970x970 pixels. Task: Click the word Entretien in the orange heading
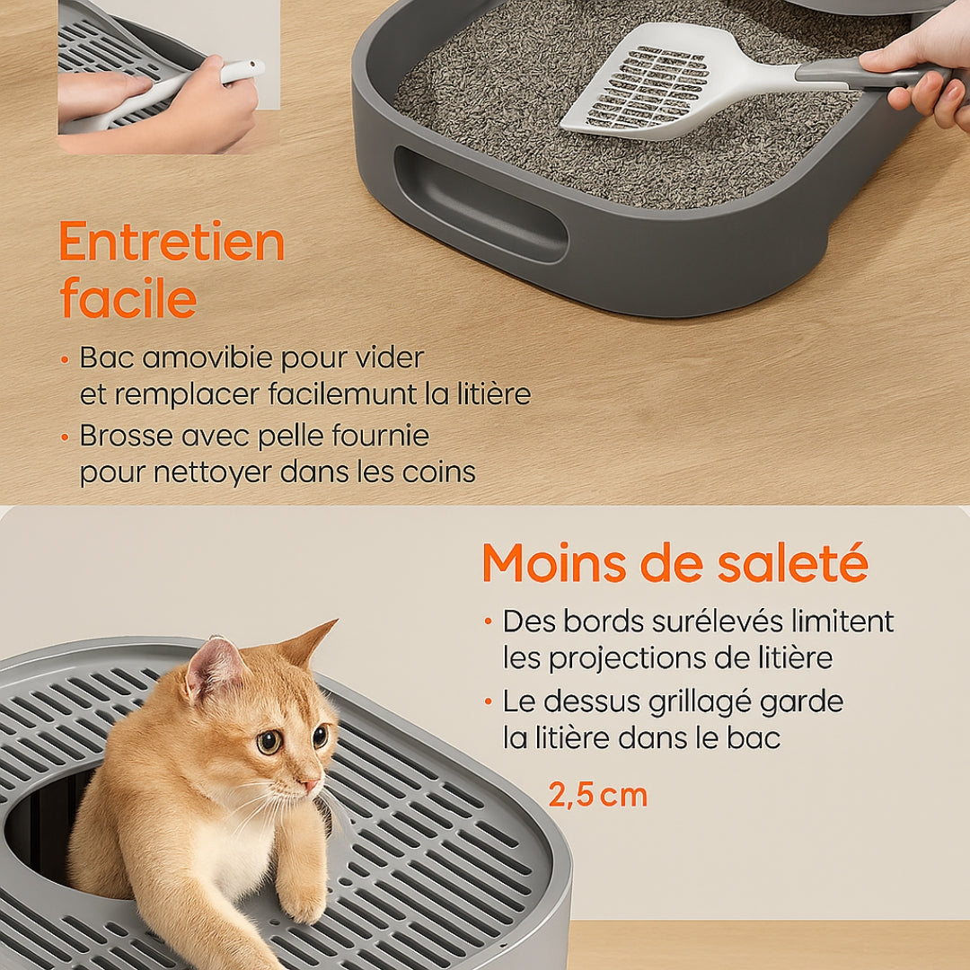pos(172,242)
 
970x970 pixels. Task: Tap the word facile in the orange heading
pos(128,299)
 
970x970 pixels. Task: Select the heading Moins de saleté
pos(675,563)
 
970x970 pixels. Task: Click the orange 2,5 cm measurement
pos(597,795)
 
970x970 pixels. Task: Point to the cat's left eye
pos(269,742)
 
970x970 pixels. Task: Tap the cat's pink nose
pos(310,786)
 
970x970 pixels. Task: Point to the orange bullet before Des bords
pos(488,621)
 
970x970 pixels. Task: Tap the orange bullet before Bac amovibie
pos(65,358)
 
